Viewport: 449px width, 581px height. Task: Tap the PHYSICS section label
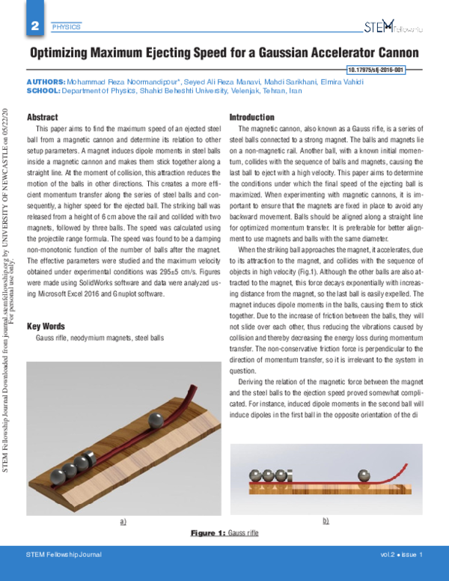pos(66,28)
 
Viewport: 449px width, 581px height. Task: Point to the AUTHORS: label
pos(46,80)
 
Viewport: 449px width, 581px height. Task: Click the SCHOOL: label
pos(43,89)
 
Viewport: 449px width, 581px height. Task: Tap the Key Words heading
pos(46,326)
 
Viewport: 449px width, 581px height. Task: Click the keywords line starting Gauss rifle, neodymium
pos(99,338)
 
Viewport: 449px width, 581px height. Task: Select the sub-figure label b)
pos(326,519)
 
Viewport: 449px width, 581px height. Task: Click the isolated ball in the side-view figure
pos(364,475)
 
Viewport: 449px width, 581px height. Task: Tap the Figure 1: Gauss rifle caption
pos(224,532)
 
